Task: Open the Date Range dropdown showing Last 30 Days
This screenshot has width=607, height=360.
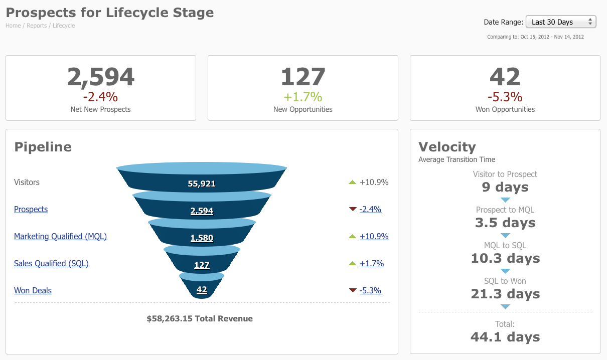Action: (560, 22)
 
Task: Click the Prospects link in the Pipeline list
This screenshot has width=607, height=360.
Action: (31, 209)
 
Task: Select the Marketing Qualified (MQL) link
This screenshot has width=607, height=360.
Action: (60, 236)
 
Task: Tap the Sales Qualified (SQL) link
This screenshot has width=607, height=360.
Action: (51, 263)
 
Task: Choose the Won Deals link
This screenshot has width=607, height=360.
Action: (33, 290)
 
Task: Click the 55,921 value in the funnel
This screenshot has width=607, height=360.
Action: (202, 184)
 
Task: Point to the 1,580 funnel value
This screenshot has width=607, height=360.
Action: (202, 238)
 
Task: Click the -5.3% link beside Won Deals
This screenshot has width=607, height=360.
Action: (370, 290)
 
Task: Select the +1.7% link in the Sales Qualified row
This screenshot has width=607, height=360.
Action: (372, 263)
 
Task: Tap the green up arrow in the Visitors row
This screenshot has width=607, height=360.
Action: (352, 182)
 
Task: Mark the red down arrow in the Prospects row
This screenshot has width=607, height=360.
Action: (352, 210)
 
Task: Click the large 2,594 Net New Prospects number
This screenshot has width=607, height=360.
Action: (101, 77)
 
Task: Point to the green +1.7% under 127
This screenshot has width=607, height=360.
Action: (303, 96)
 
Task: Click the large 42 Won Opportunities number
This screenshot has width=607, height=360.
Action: (505, 77)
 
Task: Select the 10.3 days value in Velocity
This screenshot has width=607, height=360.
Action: (505, 258)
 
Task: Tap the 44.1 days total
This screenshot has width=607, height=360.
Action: (505, 337)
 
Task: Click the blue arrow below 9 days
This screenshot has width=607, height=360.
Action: (505, 200)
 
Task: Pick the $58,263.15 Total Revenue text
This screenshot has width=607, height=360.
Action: (200, 318)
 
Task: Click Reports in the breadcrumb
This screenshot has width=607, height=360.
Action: (37, 26)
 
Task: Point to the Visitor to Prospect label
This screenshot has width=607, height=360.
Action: (505, 174)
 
